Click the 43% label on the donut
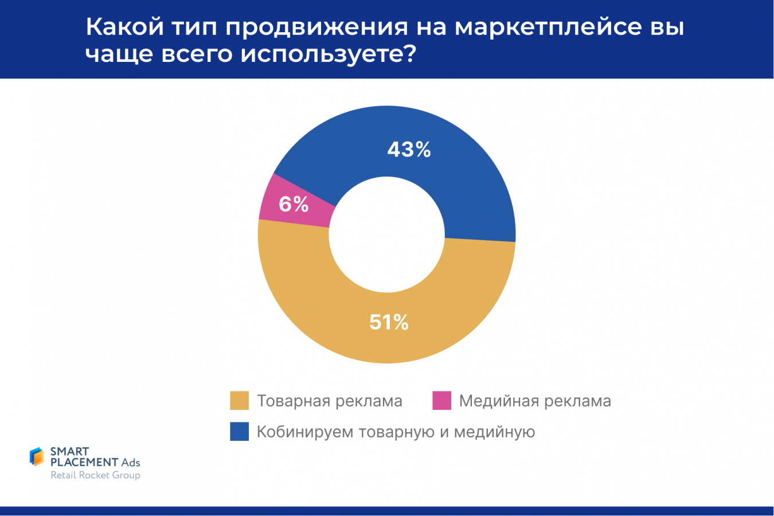tap(409, 150)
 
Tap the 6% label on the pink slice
tap(294, 204)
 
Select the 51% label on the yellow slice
tap(389, 322)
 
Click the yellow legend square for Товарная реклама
tap(239, 401)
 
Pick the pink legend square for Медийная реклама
tap(441, 401)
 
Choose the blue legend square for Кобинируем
tap(239, 432)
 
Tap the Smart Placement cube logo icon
tap(37, 456)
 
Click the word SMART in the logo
tap(69, 451)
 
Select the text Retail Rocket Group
tap(95, 475)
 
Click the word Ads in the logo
tap(131, 462)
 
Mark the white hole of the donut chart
tap(386, 234)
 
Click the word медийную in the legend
tap(494, 432)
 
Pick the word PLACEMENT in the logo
tap(84, 462)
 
